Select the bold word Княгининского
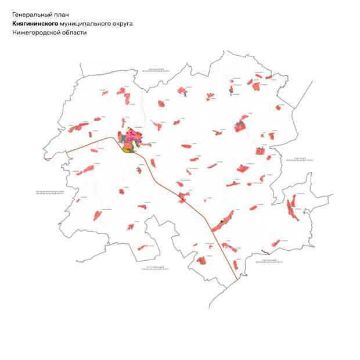click(x=35, y=24)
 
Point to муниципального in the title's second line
click(x=84, y=24)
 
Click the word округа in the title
click(x=123, y=24)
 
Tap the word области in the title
click(x=75, y=33)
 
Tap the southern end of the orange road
click(x=236, y=279)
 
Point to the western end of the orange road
click(x=45, y=158)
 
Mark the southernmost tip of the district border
click(x=210, y=308)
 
